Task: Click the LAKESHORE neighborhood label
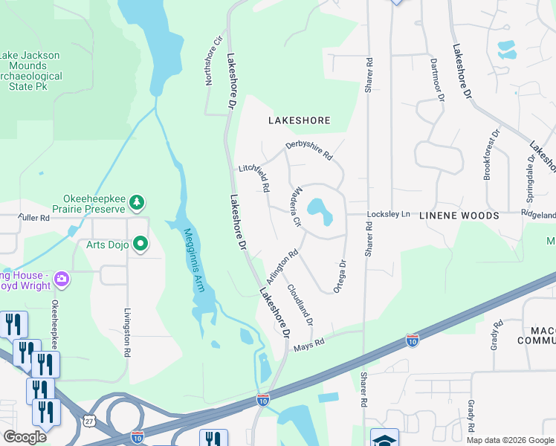click(299, 120)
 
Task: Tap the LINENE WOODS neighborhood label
click(459, 216)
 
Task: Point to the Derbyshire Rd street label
click(308, 149)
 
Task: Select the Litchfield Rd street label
click(253, 176)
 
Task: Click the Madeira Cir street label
click(295, 206)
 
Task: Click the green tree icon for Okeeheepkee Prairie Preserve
click(136, 201)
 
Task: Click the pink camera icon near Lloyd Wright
click(61, 279)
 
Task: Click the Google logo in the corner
click(25, 437)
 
